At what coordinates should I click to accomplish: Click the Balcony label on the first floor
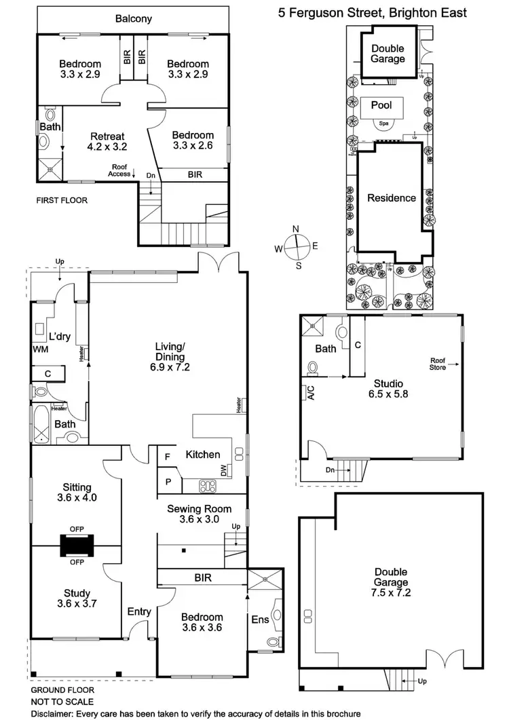click(x=133, y=19)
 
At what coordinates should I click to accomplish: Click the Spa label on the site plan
click(x=383, y=124)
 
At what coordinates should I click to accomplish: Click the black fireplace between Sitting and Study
click(x=77, y=546)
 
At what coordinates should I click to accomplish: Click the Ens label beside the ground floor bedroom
click(x=261, y=620)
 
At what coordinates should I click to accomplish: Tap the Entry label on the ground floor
click(x=139, y=612)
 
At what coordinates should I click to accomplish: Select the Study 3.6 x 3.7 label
click(x=77, y=581)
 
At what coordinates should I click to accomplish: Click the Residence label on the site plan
click(x=392, y=198)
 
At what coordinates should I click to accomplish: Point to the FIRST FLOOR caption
click(x=61, y=201)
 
